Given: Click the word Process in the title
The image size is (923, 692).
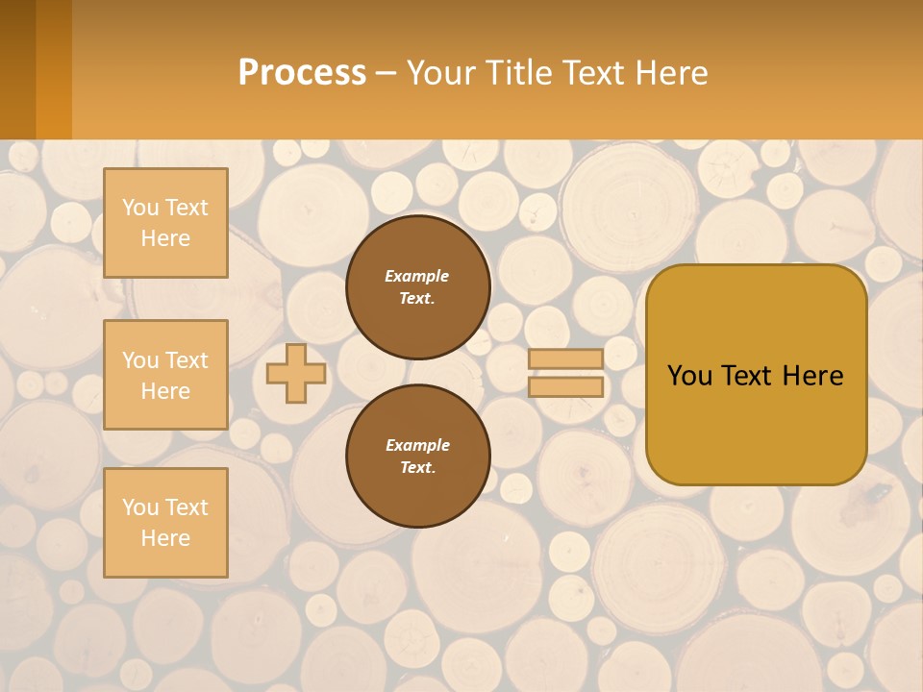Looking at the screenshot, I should (302, 73).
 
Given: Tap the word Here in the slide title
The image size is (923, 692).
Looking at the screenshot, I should (670, 73).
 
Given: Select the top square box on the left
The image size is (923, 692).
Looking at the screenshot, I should (165, 223).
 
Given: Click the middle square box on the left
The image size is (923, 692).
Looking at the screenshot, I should (165, 375).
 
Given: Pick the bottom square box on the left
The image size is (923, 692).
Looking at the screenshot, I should (165, 522).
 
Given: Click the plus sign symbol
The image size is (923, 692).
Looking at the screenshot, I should (296, 373).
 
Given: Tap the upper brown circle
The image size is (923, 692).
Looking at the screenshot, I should (417, 287).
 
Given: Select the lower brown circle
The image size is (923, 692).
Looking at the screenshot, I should (417, 457).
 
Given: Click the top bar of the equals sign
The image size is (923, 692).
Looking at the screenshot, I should (565, 358).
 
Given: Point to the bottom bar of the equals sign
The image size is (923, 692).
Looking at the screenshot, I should (565, 386).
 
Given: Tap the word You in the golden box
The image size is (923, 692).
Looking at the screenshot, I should (689, 376).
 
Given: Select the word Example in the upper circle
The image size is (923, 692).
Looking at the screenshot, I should (417, 276).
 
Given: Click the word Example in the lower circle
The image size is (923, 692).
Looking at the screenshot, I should (417, 445).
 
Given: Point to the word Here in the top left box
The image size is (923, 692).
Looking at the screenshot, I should (165, 238).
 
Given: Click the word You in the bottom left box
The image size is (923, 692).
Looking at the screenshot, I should (140, 507).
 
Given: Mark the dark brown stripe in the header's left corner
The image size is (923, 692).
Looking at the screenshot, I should (17, 69).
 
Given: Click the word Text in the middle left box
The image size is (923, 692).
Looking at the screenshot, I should (187, 360).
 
